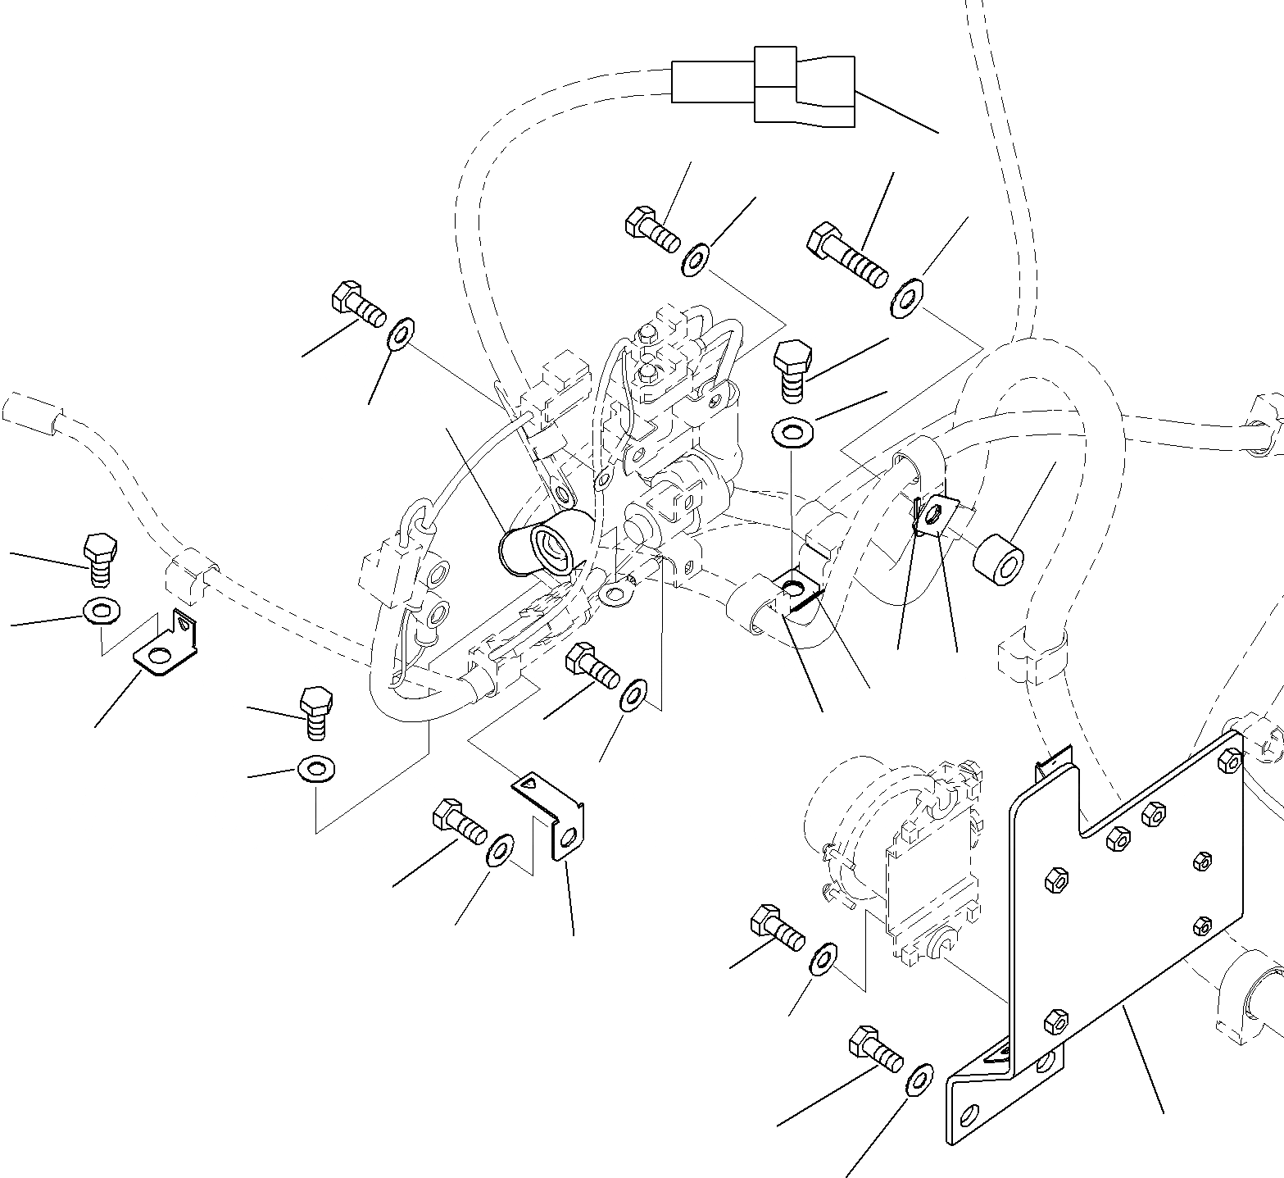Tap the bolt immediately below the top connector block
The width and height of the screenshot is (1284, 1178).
tap(651, 229)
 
